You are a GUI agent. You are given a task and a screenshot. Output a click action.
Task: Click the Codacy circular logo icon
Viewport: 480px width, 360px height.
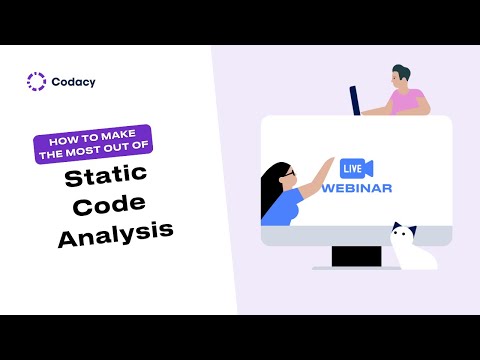[x=37, y=82]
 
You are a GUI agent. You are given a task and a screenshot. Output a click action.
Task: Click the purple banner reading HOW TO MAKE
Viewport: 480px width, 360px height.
[x=92, y=136]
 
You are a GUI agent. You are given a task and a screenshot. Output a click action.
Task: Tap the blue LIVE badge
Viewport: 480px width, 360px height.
[x=351, y=167]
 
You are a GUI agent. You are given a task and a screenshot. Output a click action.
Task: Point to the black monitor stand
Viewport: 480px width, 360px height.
[x=356, y=256]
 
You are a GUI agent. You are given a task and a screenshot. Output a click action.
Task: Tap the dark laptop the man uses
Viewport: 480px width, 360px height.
[x=355, y=100]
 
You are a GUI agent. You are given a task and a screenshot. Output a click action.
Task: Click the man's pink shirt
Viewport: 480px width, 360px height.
[x=407, y=101]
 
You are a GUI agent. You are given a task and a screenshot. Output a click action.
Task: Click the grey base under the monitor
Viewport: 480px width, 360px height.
[x=356, y=268]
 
